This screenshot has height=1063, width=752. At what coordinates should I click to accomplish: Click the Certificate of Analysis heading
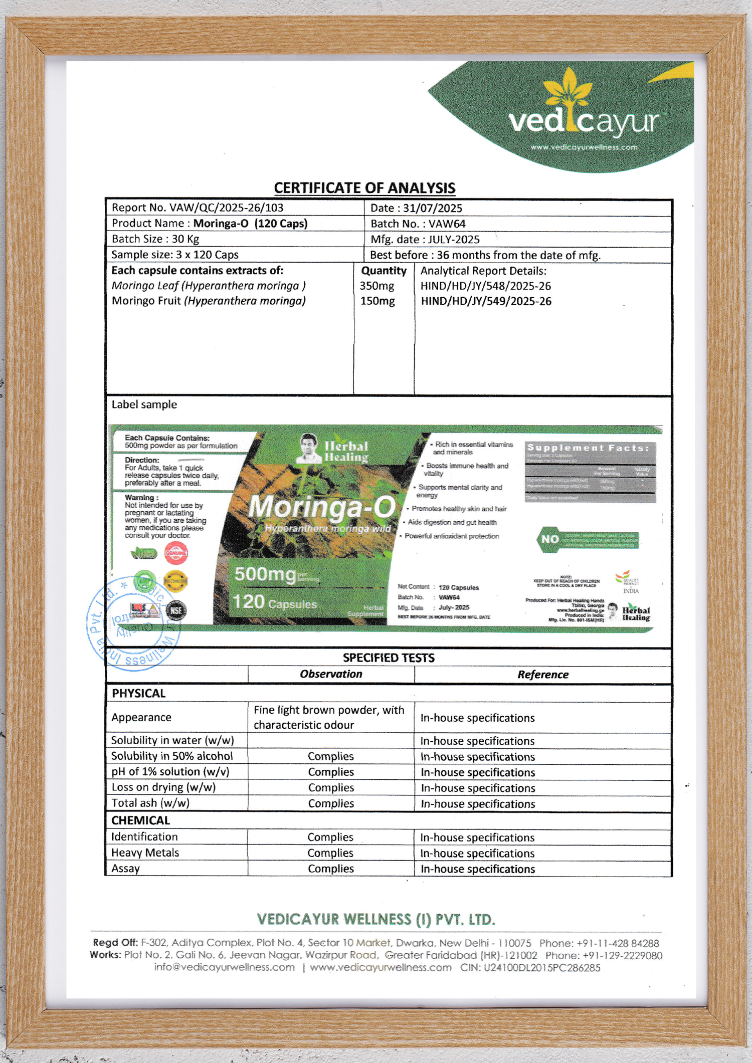click(x=364, y=188)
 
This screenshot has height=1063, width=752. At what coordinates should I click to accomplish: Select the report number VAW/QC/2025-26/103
click(x=198, y=207)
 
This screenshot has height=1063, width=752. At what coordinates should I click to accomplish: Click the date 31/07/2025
click(x=416, y=208)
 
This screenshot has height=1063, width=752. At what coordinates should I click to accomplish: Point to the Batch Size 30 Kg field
click(x=155, y=239)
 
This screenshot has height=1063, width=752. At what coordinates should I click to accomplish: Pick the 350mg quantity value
click(x=377, y=286)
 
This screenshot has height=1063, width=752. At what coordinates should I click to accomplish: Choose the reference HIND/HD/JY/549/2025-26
click(x=486, y=301)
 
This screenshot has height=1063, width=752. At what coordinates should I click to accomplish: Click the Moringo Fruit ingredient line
click(x=209, y=301)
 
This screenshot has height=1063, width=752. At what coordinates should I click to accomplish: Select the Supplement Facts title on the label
click(x=589, y=448)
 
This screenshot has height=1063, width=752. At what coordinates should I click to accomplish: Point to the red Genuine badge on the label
click(x=176, y=554)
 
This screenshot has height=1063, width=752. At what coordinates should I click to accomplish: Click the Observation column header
click(x=331, y=674)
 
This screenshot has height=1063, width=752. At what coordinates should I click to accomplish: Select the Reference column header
click(x=543, y=675)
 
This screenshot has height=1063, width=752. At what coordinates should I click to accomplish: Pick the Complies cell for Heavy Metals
click(x=330, y=853)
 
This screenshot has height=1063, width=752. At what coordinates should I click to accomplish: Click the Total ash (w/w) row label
click(x=150, y=803)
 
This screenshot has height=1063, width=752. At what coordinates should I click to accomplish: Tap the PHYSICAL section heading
click(x=138, y=694)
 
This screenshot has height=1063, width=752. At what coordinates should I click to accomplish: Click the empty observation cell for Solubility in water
click(x=330, y=741)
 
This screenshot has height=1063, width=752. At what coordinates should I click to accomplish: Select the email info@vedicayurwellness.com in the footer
click(x=224, y=967)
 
